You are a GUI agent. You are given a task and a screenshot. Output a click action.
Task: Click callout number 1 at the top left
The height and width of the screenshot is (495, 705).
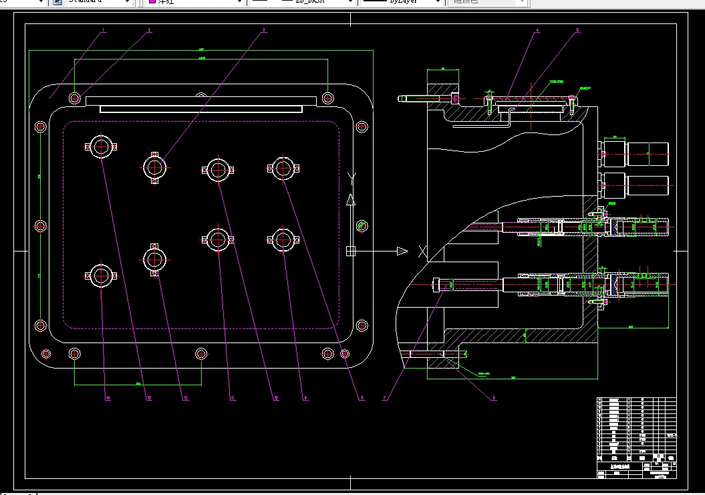click(104, 31)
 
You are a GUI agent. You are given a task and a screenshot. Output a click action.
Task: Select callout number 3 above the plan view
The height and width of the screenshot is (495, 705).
click(264, 31)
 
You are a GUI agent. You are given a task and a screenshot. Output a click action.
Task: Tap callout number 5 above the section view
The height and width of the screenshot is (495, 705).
click(577, 31)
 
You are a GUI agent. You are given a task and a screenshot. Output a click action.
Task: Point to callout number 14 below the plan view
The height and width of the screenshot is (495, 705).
click(107, 398)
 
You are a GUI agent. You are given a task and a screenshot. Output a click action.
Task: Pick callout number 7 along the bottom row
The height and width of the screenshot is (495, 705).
click(384, 398)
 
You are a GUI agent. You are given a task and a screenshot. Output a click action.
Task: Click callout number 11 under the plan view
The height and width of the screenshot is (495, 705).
click(232, 398)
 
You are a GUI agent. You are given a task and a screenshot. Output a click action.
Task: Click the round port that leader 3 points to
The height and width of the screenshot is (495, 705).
click(155, 167)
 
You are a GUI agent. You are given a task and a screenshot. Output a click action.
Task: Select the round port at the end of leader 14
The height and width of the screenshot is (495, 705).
click(101, 276)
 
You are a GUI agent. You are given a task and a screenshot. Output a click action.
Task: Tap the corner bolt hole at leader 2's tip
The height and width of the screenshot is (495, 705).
click(74, 98)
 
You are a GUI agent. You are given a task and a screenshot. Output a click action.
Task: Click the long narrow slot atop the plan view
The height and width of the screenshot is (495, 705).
click(194, 108)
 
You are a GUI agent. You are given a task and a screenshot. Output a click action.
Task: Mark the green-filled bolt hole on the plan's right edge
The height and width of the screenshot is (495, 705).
click(362, 225)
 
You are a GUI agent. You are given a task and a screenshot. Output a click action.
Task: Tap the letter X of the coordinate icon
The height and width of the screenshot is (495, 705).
click(422, 252)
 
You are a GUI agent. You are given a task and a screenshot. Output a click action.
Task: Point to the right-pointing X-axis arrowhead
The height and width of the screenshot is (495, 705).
click(402, 251)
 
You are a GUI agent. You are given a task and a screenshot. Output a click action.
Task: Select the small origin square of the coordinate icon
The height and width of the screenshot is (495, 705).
click(350, 251)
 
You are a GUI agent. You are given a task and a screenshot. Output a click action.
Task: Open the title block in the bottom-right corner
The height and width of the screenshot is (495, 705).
click(636, 438)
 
